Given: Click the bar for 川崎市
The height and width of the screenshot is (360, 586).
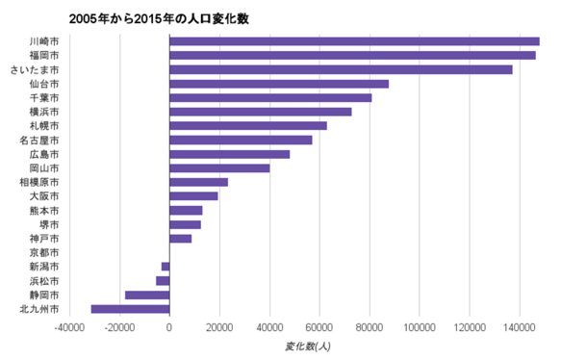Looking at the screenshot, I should [354, 41].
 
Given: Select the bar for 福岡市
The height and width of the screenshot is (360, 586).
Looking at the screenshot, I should [352, 55].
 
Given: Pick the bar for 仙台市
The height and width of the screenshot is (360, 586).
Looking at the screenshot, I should [279, 84].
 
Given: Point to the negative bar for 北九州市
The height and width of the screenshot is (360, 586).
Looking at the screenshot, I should [130, 309].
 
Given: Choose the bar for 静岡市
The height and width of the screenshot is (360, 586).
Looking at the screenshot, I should [147, 295].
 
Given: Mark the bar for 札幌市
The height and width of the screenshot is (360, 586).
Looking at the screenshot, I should [248, 125].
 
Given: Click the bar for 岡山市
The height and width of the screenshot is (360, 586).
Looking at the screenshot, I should [219, 168].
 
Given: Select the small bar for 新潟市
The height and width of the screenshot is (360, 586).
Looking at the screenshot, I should [166, 267].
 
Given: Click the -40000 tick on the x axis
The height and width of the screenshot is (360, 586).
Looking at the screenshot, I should [68, 327].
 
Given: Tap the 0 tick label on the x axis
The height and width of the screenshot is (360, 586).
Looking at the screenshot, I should [169, 327].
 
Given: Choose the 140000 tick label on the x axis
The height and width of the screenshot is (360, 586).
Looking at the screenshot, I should [520, 327].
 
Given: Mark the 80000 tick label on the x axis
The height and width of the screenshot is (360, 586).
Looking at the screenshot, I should [369, 327].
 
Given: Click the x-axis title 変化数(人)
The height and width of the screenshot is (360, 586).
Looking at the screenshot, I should [309, 346].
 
